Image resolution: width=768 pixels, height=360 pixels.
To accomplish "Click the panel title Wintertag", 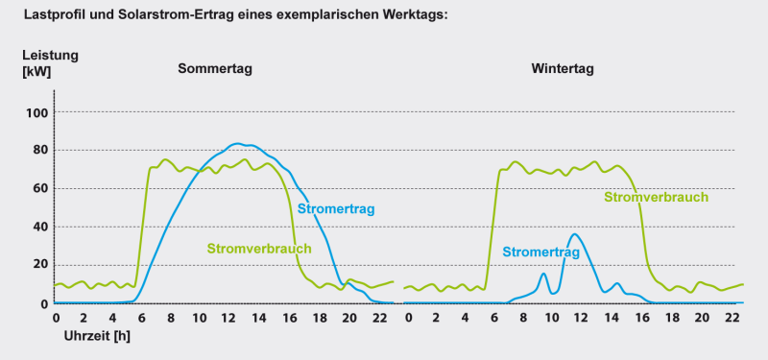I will click(x=564, y=69).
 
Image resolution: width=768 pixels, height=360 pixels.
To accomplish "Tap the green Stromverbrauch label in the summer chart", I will click(x=259, y=249).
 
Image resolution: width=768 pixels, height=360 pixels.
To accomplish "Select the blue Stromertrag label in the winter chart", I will click(x=540, y=252).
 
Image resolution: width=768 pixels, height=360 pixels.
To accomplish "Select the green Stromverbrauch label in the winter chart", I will click(x=656, y=197).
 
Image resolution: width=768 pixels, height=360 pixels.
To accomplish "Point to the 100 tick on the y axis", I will click(x=36, y=112).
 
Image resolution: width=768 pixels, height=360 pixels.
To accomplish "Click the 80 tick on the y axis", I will click(x=38, y=151).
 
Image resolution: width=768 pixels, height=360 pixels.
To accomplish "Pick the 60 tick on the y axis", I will click(x=38, y=189).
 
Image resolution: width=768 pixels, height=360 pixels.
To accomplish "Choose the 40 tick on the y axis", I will click(x=38, y=228).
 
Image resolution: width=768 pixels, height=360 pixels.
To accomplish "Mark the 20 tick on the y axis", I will click(x=38, y=266).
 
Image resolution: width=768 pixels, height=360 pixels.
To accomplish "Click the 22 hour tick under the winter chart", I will click(x=733, y=317).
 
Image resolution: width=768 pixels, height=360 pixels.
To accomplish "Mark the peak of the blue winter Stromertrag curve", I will click(x=574, y=234).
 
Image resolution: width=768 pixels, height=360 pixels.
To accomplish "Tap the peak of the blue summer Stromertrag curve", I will click(x=238, y=143).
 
